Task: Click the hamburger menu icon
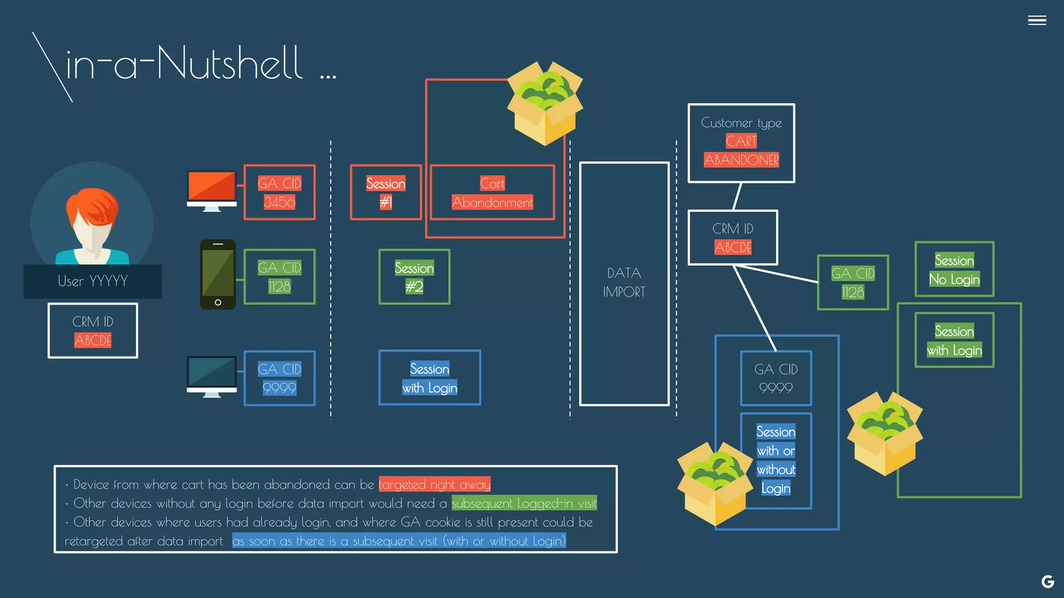(1036, 20)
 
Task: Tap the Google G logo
(1047, 581)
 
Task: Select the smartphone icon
(218, 274)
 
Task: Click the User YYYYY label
(92, 281)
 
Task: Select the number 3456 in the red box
(280, 202)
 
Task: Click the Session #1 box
(385, 193)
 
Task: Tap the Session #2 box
(414, 277)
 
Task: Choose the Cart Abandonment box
(492, 193)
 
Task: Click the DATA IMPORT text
(624, 282)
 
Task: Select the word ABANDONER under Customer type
(741, 160)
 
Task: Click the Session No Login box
(954, 269)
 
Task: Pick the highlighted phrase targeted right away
(434, 484)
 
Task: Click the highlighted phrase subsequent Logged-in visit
(524, 503)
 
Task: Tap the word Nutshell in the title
(230, 63)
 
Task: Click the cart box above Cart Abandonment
(545, 104)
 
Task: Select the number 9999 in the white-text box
(776, 388)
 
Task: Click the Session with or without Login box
(776, 460)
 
